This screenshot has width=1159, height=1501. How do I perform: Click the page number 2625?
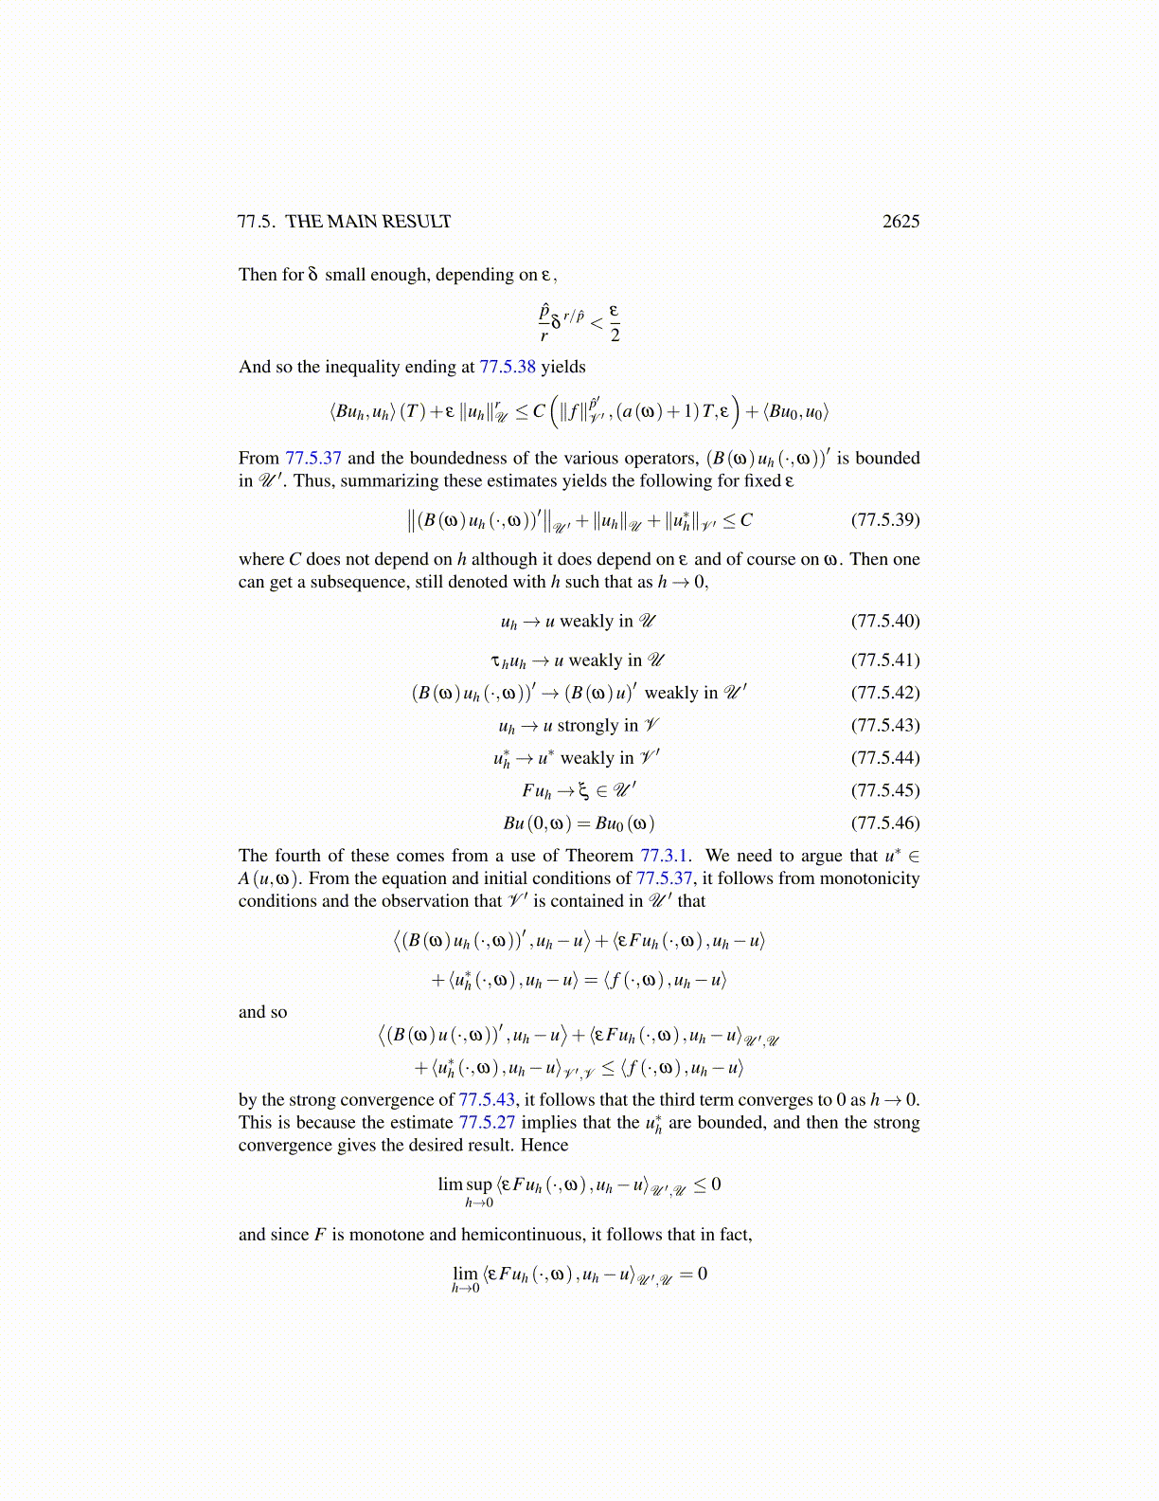(900, 222)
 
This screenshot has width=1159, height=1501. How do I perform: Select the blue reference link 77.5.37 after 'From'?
(313, 459)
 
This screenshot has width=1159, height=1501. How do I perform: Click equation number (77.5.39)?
(885, 520)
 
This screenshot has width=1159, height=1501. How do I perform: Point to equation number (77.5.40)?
(885, 622)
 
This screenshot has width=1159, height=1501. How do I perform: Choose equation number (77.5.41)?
(885, 660)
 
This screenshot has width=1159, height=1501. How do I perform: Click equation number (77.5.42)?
(885, 693)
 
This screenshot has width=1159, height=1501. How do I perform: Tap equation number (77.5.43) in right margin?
(885, 726)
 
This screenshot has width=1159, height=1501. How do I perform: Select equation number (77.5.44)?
(885, 758)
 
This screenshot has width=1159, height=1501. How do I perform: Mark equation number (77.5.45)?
(885, 790)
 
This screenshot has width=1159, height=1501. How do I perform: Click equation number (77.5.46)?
(885, 823)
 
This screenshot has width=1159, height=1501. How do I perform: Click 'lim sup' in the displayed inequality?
(465, 1185)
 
